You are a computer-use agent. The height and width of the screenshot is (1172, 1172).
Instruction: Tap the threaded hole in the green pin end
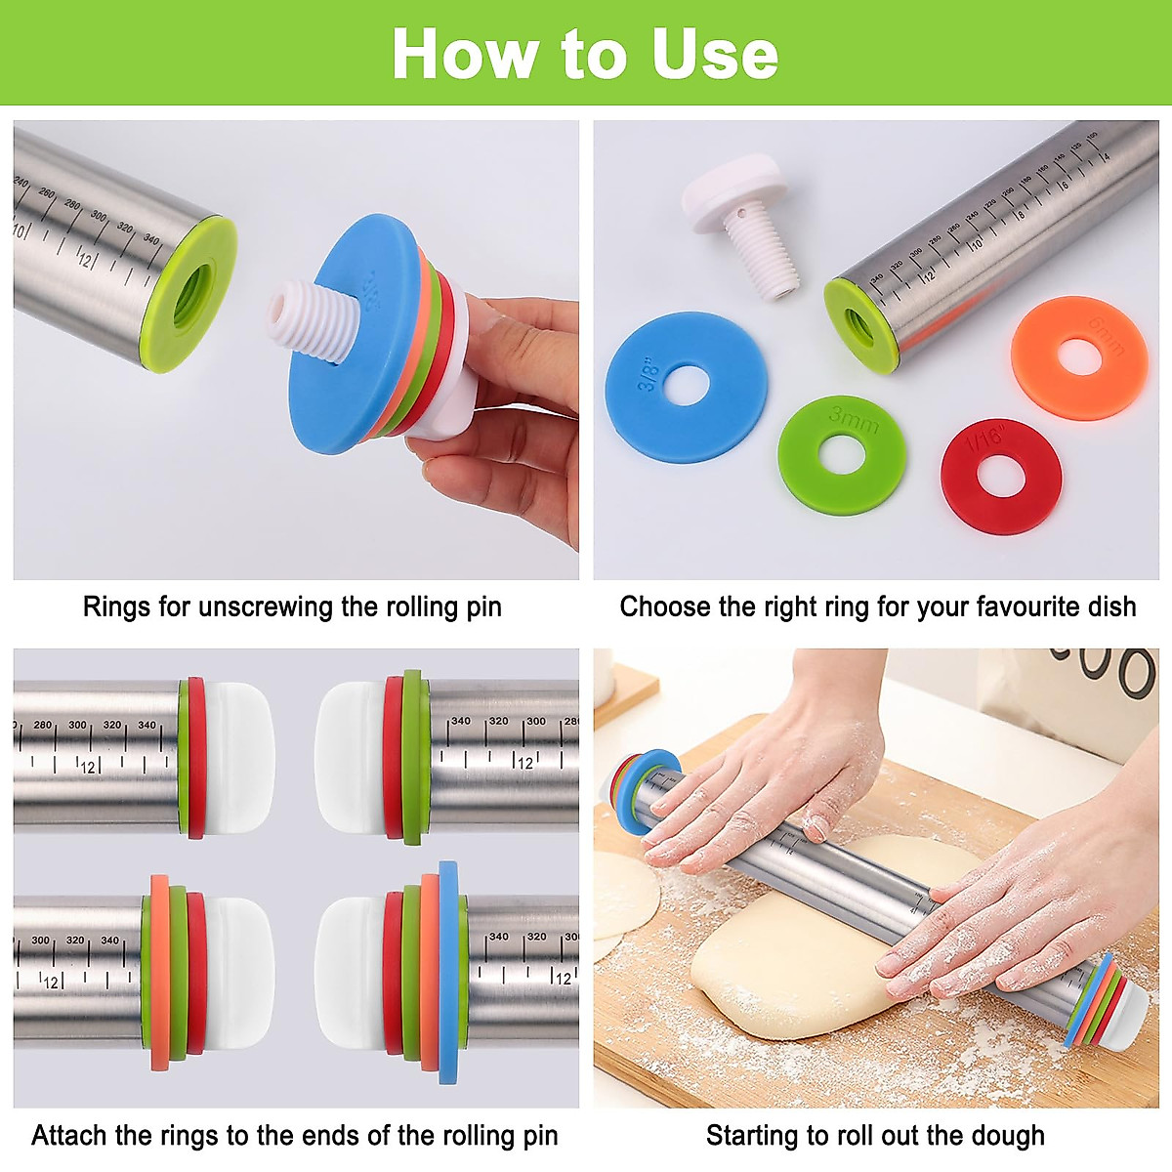tap(192, 293)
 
